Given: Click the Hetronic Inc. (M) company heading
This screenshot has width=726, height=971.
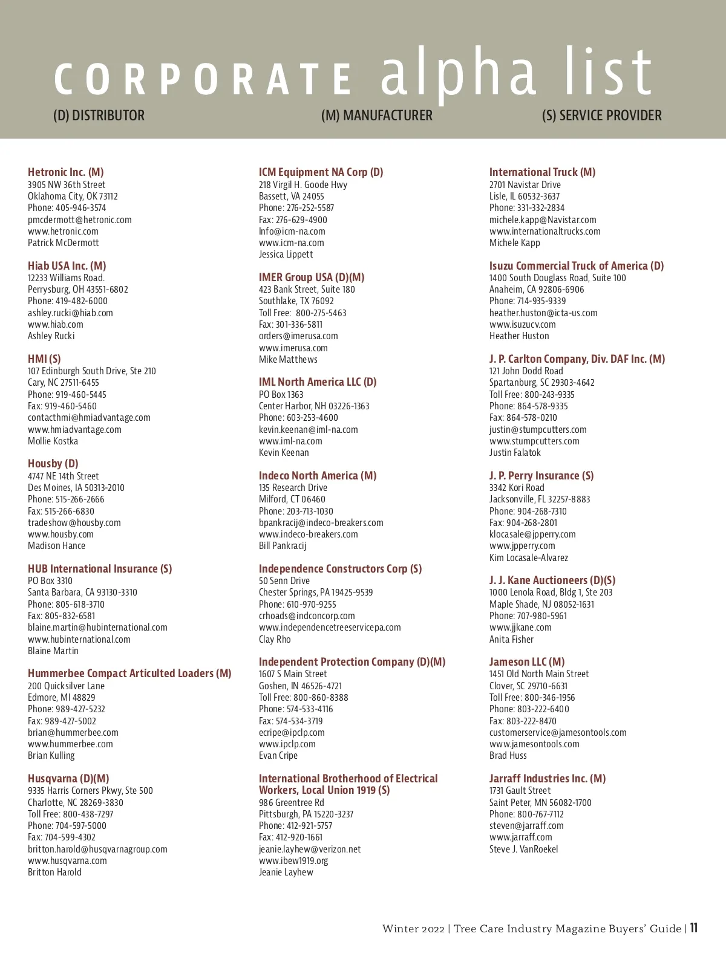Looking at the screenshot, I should tap(65, 172).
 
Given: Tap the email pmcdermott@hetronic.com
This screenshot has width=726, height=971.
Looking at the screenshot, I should tap(79, 219).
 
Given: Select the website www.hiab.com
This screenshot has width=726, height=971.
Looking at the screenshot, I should tap(55, 325).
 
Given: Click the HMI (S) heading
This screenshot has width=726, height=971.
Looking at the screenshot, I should tap(44, 359).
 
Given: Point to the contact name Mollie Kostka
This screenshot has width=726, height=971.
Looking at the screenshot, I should tap(53, 441).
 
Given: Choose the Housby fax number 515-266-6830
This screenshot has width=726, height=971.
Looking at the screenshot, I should tap(60, 511).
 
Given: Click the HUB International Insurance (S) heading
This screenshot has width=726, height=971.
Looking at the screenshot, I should tap(100, 569).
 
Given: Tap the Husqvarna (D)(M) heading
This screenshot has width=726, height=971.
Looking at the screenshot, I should tap(68, 779).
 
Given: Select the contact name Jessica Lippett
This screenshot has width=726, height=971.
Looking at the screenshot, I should tap(286, 255).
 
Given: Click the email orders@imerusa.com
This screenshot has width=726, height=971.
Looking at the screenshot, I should tap(298, 336).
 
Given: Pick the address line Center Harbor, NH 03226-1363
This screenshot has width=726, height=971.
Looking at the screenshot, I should tap(314, 406).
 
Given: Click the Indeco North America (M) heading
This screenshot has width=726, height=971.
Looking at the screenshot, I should tap(318, 476).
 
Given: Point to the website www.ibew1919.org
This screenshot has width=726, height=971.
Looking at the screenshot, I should tap(293, 861).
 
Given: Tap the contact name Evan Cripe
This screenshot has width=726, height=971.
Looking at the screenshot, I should tap(278, 756).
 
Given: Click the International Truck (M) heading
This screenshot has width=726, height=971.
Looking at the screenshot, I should tap(542, 172).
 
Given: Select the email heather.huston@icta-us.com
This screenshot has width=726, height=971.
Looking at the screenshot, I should tap(543, 313).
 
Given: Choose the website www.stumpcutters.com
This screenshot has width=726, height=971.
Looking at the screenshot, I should tap(534, 441).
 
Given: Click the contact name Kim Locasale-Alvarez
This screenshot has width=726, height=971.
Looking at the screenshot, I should tap(529, 558).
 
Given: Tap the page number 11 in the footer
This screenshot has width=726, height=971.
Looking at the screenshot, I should tap(693, 928).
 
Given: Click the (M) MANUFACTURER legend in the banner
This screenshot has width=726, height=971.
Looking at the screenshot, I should tap(376, 115).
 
